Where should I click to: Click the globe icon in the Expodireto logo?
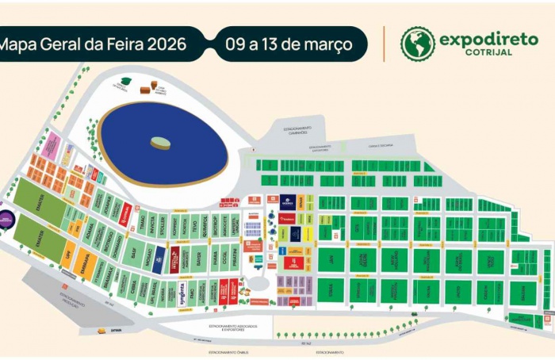[x=418, y=44]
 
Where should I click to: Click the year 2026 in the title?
[x=165, y=44]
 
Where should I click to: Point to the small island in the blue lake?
[x=161, y=144]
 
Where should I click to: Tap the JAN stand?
[x=331, y=259]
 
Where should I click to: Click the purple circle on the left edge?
[x=4, y=216]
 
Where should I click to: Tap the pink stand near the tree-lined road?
[x=52, y=146]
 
